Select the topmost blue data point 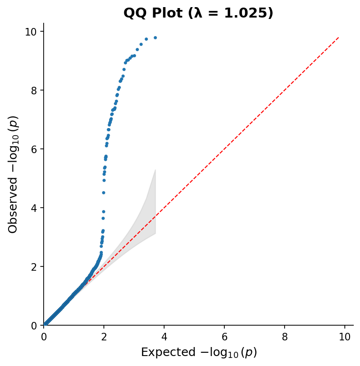(155, 37)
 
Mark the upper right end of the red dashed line (339, 37)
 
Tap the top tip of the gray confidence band (156, 170)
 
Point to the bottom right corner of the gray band (156, 233)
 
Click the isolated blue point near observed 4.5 (103, 192)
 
